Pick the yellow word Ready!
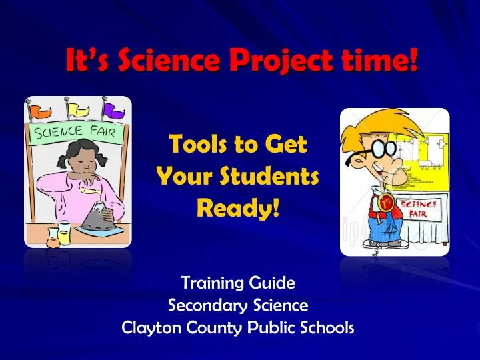(237, 209)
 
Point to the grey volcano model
(97, 217)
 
